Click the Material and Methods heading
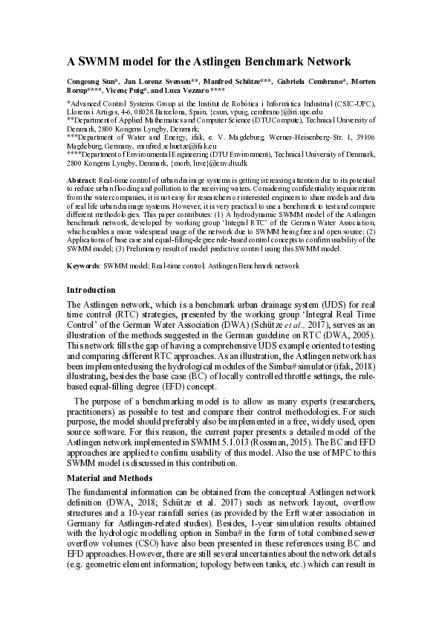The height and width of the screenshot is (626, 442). pyautogui.click(x=112, y=477)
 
